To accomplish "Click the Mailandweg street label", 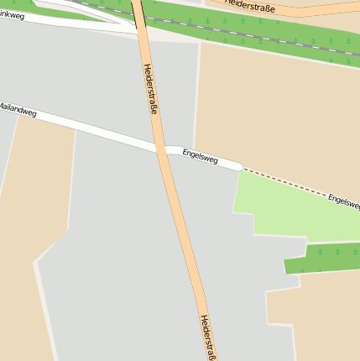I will click(x=18, y=109).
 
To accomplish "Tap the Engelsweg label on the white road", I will click(x=200, y=156).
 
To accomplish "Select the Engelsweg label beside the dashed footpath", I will click(x=343, y=200).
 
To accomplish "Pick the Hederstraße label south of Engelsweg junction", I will click(x=208, y=337).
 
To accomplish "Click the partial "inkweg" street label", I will click(x=12, y=15).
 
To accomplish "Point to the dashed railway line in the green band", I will click(x=252, y=34).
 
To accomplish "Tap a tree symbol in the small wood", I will click(x=334, y=252).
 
